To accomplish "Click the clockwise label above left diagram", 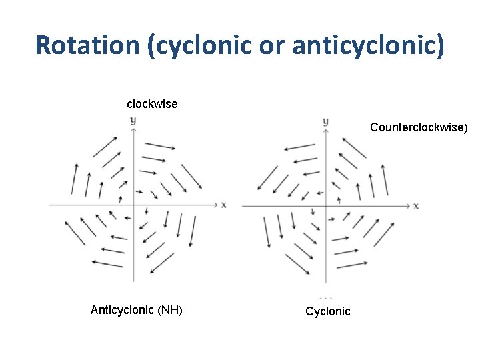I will point(152,104).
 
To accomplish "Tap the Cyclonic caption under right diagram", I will point(327,311).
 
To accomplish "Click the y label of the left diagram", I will point(133,120).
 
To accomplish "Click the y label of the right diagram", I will point(325,121).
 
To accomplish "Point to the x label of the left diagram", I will point(223,204).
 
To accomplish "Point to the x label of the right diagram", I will point(416,205).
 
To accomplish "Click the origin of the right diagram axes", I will point(325,205).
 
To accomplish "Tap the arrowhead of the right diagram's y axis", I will point(325,131).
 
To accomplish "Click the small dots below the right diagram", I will point(325,297).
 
